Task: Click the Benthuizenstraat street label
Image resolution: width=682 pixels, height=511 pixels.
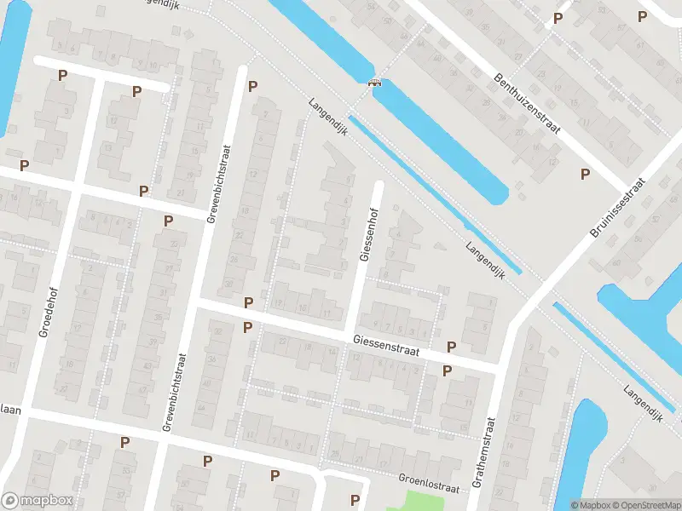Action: pyautogui.click(x=526, y=104)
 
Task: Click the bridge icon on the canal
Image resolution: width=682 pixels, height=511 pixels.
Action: pyautogui.click(x=373, y=83)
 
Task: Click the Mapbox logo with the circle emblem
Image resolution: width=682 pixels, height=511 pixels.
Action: pyautogui.click(x=37, y=501)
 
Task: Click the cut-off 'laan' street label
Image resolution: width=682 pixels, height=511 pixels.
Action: pyautogui.click(x=10, y=410)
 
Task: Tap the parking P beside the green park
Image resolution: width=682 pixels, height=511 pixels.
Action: pyautogui.click(x=355, y=499)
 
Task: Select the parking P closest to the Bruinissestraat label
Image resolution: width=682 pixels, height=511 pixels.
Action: pyautogui.click(x=585, y=175)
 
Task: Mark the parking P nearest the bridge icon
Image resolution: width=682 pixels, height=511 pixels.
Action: pyautogui.click(x=252, y=86)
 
